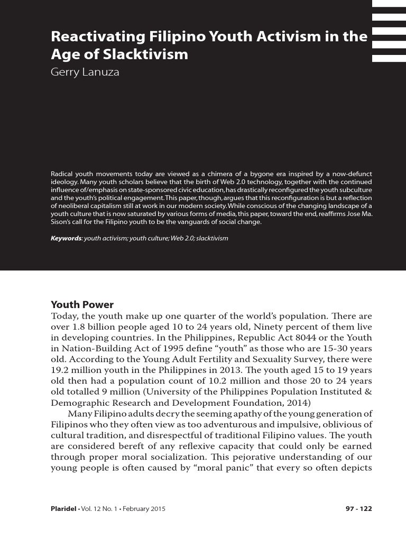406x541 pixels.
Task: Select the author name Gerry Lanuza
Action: click(85, 72)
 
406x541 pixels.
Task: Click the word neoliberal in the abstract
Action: click(69, 206)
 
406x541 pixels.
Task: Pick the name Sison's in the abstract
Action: click(61, 222)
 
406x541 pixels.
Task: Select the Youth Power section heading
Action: click(82, 304)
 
